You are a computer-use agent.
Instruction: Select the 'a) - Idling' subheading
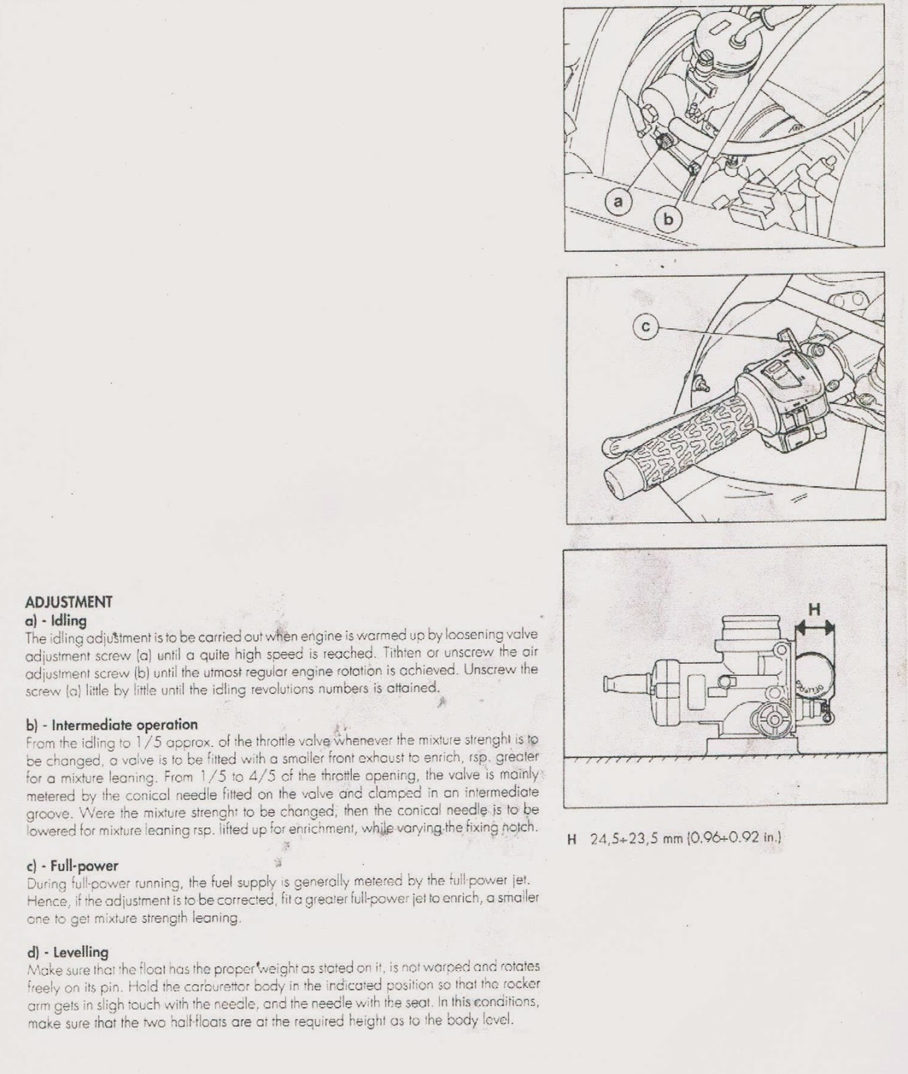coord(56,621)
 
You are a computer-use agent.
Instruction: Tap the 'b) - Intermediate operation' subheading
coord(111,725)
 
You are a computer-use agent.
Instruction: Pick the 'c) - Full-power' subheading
coord(71,866)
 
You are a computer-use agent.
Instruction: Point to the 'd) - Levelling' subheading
coord(67,952)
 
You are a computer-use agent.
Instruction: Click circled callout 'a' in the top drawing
coord(619,200)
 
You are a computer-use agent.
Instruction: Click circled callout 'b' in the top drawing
coord(668,218)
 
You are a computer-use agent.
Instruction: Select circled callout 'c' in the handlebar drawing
coord(645,326)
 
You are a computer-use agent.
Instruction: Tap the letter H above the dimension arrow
coord(814,609)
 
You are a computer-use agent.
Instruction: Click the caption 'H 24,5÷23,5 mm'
coord(625,838)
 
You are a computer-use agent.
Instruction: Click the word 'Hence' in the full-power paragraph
coord(42,898)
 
